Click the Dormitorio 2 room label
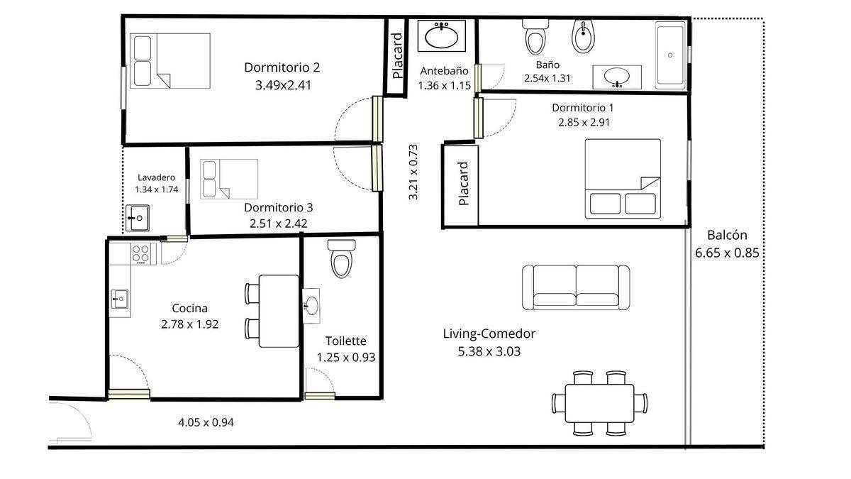tap(282, 67)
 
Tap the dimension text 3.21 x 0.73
tap(413, 172)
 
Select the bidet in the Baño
tap(583, 36)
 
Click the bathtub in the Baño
tap(671, 55)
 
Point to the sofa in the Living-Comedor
tap(576, 287)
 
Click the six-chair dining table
tap(599, 403)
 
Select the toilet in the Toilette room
tap(342, 258)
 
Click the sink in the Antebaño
tap(441, 35)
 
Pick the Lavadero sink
tap(138, 218)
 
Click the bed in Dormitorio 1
tap(623, 179)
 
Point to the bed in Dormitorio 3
tap(229, 179)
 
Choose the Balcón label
tap(727, 236)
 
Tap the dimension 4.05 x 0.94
tap(206, 422)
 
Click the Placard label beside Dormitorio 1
tap(464, 184)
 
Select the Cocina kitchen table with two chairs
tap(272, 311)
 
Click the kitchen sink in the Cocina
tap(120, 299)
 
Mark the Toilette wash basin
tap(311, 306)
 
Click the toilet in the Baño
tap(535, 36)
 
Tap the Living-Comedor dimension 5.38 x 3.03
tap(489, 351)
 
